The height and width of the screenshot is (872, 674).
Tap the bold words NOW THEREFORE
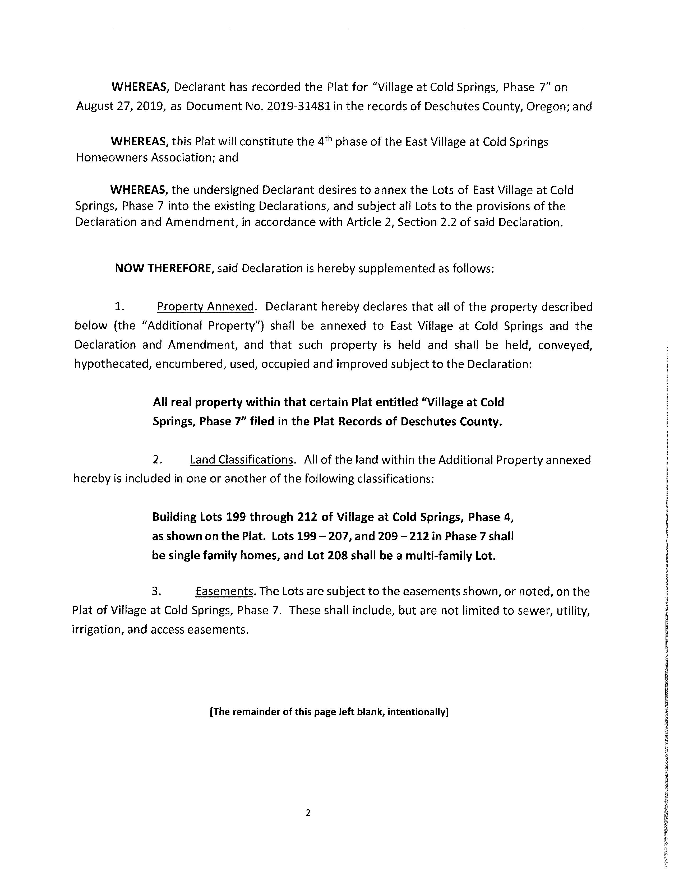point(163,268)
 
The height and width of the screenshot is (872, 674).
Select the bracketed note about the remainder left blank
point(329,712)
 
